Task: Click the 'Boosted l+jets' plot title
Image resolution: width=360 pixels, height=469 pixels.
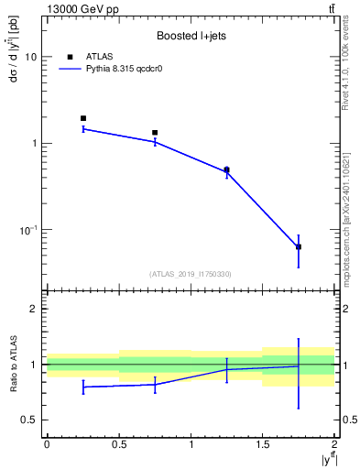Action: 191,36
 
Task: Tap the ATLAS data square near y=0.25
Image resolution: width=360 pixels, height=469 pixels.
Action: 82,118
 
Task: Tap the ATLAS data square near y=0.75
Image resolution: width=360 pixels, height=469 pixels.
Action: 155,133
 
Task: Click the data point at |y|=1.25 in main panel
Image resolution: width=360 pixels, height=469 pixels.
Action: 226,169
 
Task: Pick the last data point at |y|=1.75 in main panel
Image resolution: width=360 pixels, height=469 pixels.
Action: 299,247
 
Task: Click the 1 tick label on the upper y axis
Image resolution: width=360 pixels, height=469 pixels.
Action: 35,143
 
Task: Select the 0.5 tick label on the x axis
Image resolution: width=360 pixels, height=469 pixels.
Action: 118,444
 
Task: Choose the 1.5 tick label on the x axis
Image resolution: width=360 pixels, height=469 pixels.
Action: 262,444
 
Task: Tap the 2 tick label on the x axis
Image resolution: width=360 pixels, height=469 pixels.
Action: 334,444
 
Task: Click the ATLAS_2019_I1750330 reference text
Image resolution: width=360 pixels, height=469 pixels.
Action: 191,274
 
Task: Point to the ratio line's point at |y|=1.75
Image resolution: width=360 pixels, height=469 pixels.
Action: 299,366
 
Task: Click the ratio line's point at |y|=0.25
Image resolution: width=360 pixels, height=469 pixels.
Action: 82,387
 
